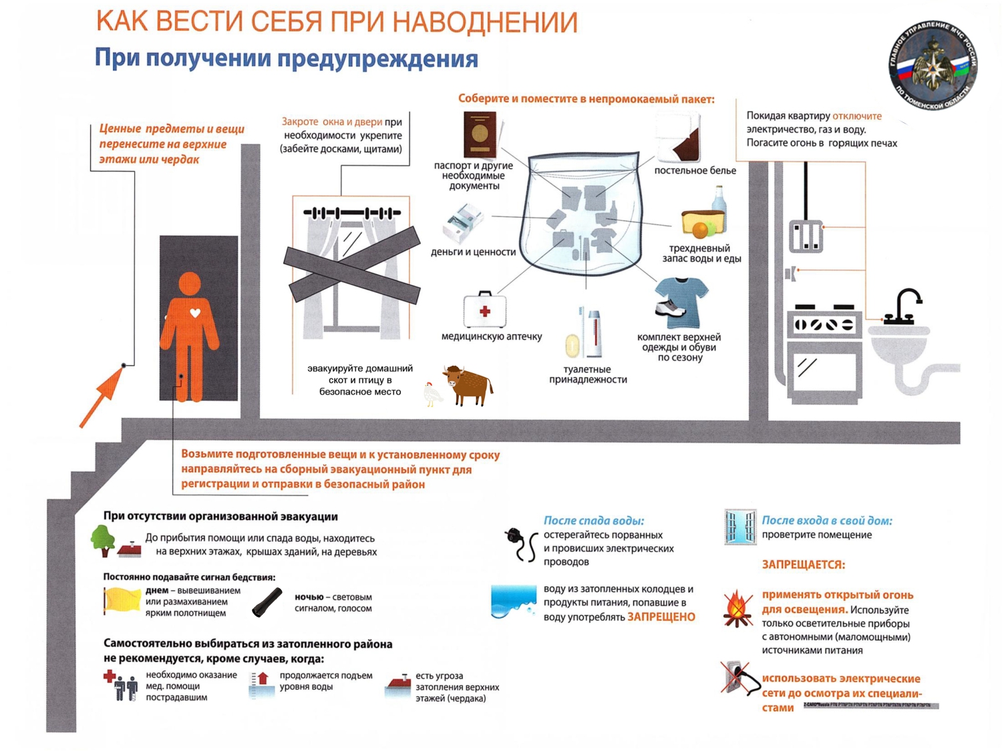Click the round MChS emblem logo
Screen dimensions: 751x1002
pyautogui.click(x=933, y=65)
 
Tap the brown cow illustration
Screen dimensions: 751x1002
pyautogui.click(x=469, y=385)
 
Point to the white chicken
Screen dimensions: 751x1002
pyautogui.click(x=433, y=394)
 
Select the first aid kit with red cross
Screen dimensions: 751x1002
pyautogui.click(x=485, y=310)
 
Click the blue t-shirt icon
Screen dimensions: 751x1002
pyautogui.click(x=681, y=298)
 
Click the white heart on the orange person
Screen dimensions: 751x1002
pyautogui.click(x=195, y=312)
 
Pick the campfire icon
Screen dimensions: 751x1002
pyautogui.click(x=737, y=609)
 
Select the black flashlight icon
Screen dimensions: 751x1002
pyautogui.click(x=267, y=601)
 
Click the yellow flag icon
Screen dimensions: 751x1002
pyautogui.click(x=122, y=599)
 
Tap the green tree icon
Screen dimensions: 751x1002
pyautogui.click(x=103, y=539)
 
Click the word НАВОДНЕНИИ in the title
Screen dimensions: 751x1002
pyautogui.click(x=486, y=23)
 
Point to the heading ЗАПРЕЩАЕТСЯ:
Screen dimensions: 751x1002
pyautogui.click(x=803, y=565)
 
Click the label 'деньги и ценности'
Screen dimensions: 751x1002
pyautogui.click(x=473, y=252)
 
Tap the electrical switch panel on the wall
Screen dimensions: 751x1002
pyautogui.click(x=806, y=236)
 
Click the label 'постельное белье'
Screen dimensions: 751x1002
pyautogui.click(x=695, y=171)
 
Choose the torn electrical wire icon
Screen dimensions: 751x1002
pyautogui.click(x=521, y=544)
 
